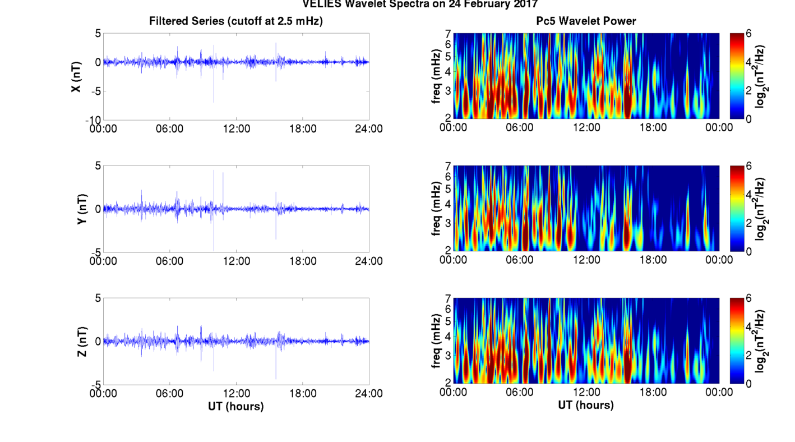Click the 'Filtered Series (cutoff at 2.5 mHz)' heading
[x=235, y=21]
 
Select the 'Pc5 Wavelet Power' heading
[x=586, y=21]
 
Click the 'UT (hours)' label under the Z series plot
[x=235, y=406]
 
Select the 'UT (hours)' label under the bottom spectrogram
[x=586, y=404]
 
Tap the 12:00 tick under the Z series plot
[x=236, y=393]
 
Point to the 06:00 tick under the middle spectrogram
[x=520, y=260]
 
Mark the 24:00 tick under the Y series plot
[x=369, y=261]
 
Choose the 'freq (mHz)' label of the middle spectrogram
[x=436, y=209]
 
